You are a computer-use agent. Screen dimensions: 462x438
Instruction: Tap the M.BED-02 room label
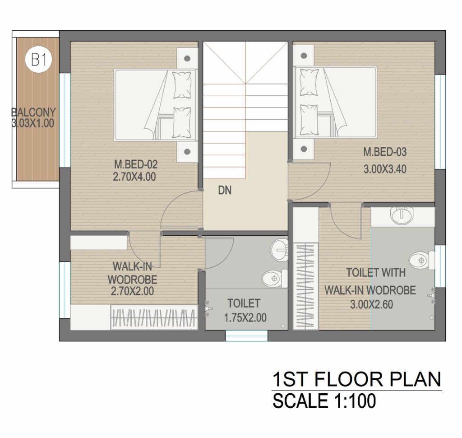(x=136, y=164)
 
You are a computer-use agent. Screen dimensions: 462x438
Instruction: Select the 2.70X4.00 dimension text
(x=134, y=177)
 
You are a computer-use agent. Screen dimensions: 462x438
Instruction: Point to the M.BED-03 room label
(x=385, y=152)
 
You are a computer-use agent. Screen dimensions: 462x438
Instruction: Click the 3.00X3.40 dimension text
(x=385, y=169)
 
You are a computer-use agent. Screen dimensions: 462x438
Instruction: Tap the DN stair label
(x=225, y=191)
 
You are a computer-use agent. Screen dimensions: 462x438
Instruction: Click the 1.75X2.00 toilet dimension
(x=245, y=318)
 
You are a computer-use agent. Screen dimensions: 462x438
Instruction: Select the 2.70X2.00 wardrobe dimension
(x=132, y=291)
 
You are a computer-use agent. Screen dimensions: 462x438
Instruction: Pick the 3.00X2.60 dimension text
(x=371, y=304)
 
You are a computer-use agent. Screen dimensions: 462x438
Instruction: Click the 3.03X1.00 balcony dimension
(x=32, y=123)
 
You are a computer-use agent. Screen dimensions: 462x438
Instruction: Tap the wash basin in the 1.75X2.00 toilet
(x=279, y=250)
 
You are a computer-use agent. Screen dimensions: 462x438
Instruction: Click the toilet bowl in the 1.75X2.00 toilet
(x=275, y=279)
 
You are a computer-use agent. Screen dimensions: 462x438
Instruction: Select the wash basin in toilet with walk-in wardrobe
(x=402, y=215)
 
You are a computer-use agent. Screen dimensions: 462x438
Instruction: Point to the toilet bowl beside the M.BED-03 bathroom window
(x=422, y=261)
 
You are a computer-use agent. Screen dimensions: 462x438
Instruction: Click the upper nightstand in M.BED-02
(x=187, y=58)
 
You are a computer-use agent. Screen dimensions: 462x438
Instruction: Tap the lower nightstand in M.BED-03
(x=304, y=149)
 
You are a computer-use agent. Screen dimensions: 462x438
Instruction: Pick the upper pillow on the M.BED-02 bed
(x=182, y=85)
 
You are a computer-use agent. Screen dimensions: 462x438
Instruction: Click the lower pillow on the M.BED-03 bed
(x=309, y=120)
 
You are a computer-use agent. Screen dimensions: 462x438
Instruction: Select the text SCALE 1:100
(x=324, y=401)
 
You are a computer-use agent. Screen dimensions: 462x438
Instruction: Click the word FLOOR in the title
(x=348, y=379)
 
